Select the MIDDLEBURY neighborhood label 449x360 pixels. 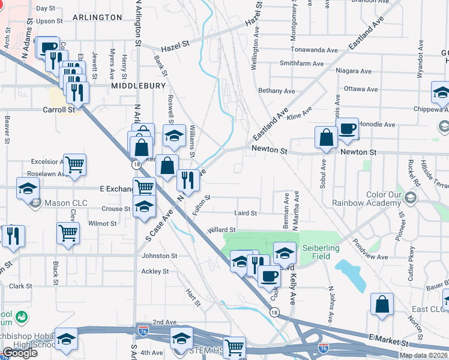coord(138,86)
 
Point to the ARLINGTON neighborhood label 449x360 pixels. coord(97,17)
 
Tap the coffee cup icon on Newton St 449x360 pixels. coord(347,130)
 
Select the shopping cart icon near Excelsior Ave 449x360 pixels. coord(74,164)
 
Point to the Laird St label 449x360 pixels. coord(245,213)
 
